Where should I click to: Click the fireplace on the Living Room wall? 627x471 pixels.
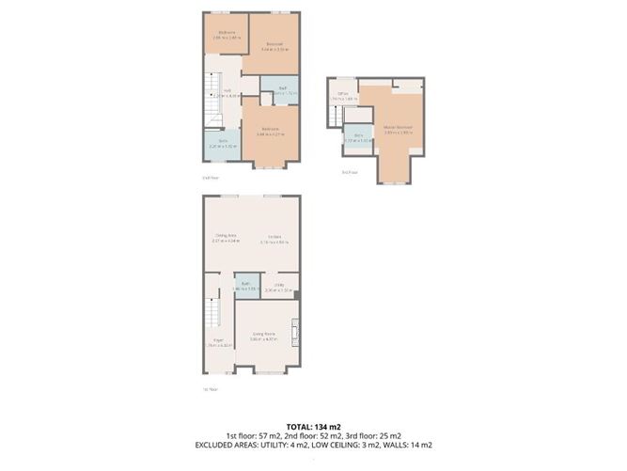click(296, 330)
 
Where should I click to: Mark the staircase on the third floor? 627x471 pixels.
click(337, 116)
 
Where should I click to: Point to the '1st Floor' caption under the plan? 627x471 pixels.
click(211, 388)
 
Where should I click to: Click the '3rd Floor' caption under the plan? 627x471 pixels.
click(350, 172)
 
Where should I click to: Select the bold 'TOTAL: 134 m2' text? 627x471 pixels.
click(313, 426)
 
